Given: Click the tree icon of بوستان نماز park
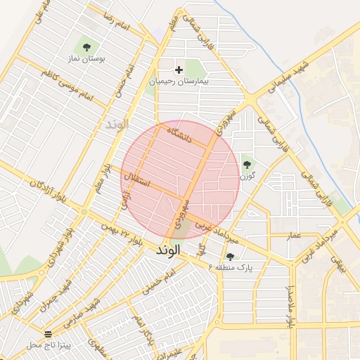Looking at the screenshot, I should pos(86,48).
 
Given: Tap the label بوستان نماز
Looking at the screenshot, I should pos(86,60).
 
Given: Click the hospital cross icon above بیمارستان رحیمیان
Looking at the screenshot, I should pos(179,70).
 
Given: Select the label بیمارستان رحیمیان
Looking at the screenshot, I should pos(180,82).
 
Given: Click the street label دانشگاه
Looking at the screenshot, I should pos(179,134).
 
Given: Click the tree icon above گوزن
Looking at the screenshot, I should pos(247,165).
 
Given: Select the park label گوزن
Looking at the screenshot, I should pos(247,176).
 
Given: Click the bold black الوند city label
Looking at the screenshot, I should pos(169,250).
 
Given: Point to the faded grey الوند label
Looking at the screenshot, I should pos(117,124).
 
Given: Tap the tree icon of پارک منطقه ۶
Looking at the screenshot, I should pos(231,257).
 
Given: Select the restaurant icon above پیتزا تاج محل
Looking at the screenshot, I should pos(48,333).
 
